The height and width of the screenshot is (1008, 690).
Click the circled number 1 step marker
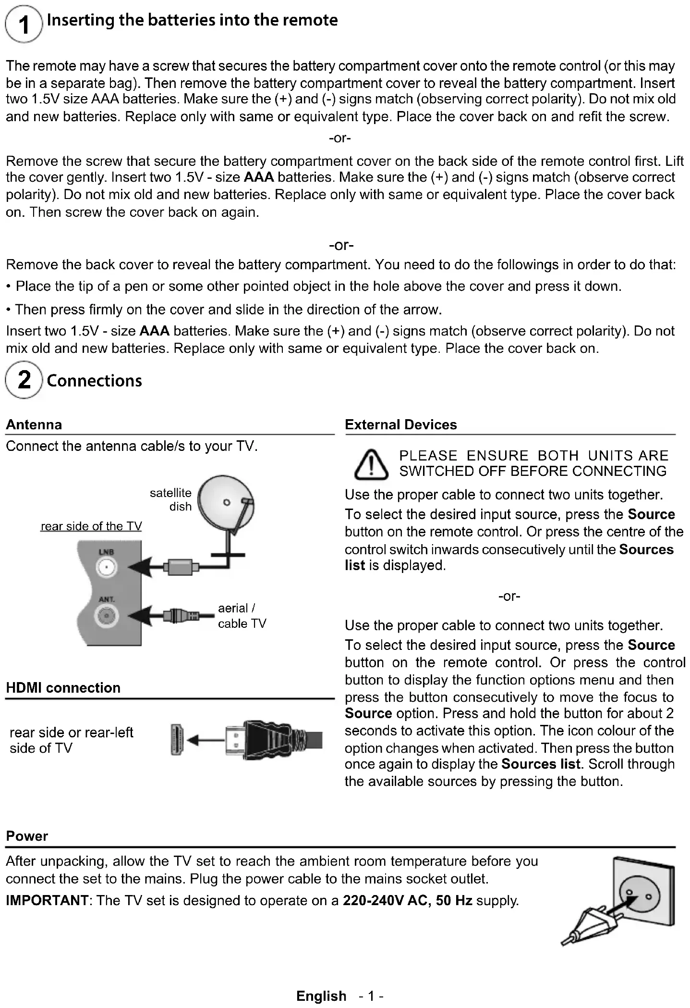click(24, 24)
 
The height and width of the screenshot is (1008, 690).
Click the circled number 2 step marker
click(24, 380)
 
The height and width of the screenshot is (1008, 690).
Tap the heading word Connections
click(95, 381)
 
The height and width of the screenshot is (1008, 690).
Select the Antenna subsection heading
click(34, 424)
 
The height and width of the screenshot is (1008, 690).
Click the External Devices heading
click(401, 424)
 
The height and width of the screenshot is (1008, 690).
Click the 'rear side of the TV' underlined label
click(91, 526)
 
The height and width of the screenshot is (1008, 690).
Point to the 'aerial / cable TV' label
click(242, 616)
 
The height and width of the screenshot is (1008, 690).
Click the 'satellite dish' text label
click(171, 499)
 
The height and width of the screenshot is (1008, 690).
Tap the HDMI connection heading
click(63, 688)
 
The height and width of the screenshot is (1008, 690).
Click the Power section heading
click(27, 836)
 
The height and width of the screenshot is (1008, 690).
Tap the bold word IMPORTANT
click(47, 900)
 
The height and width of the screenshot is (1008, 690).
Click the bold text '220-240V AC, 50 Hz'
click(407, 900)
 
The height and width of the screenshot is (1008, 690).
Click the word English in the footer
click(321, 996)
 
